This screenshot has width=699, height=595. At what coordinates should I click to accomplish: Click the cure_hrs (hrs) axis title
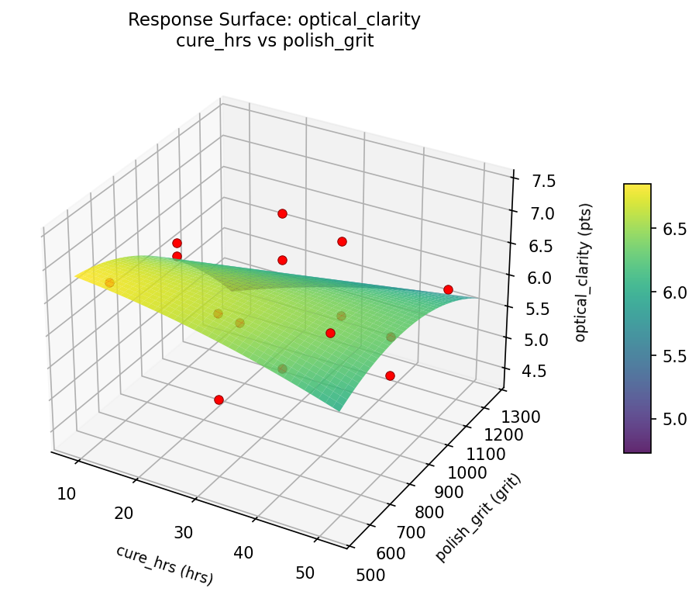164,564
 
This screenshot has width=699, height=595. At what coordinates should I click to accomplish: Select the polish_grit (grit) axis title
478,517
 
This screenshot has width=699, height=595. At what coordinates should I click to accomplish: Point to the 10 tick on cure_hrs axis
66,493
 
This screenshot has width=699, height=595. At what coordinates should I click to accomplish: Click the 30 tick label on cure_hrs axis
183,532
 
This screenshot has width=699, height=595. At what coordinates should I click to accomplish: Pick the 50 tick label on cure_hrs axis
305,573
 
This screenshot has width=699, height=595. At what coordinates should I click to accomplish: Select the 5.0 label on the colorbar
675,420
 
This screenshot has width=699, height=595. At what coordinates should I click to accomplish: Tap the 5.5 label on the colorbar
675,356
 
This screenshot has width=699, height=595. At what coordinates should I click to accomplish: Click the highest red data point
282,213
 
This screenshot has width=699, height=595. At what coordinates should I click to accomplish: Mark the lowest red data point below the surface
219,400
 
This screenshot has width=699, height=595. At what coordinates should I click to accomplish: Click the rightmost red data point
448,289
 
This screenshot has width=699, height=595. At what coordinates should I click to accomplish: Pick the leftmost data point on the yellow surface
109,282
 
